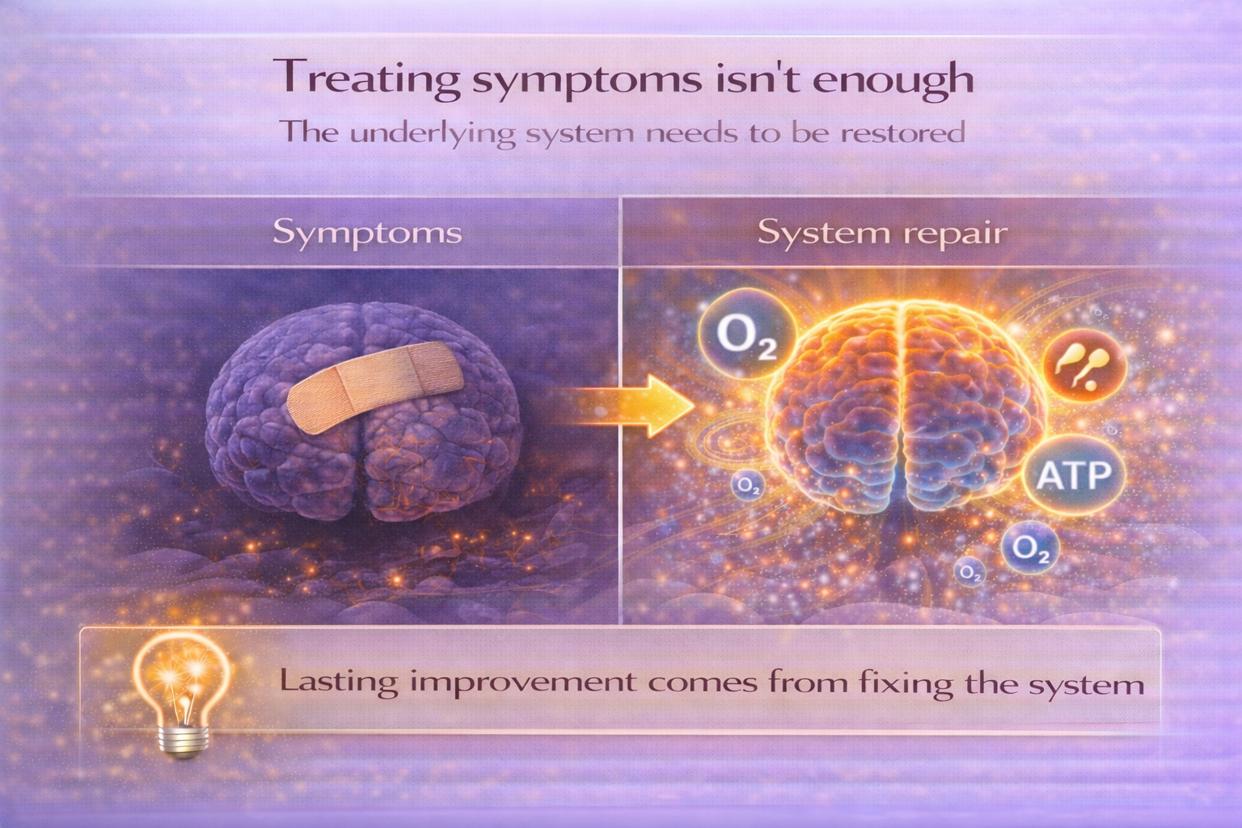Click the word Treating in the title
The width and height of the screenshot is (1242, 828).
pos(367,78)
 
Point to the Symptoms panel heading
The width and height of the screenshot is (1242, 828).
pos(367,233)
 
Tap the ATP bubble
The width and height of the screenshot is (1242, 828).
pos(1074,475)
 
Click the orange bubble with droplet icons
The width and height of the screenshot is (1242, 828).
pos(1084,366)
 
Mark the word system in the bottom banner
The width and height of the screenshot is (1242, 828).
pos(1086,686)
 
